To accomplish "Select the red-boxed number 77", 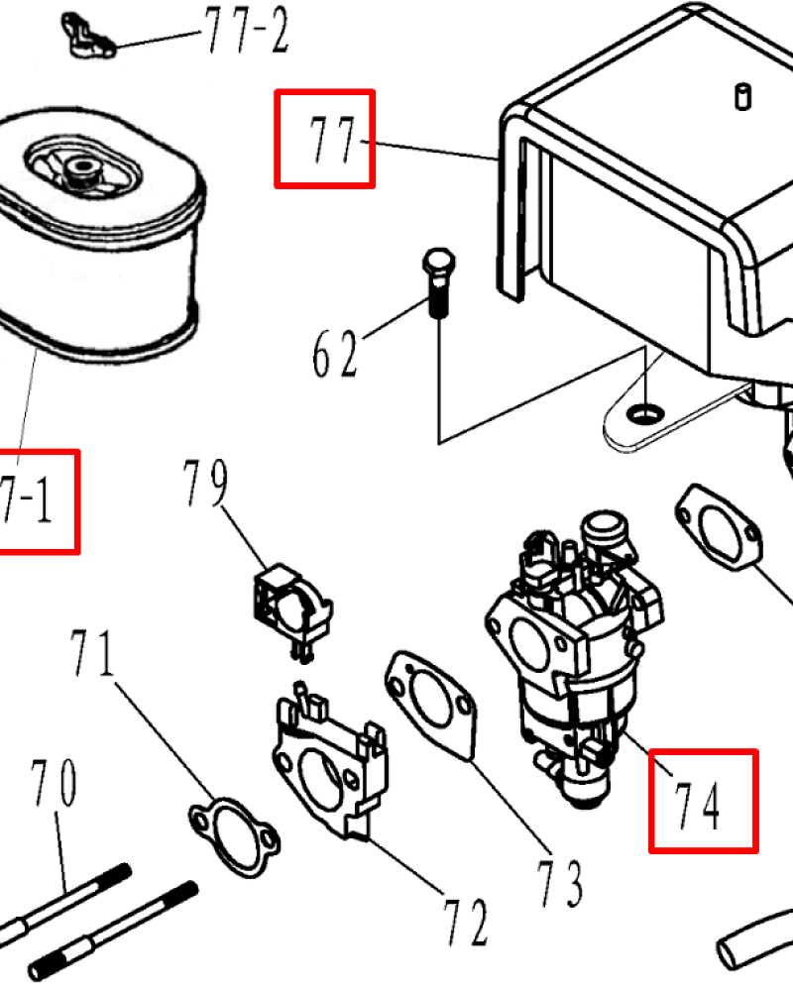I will pos(325,139).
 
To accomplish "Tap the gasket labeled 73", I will pos(430,699).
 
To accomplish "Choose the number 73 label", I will pos(559,882).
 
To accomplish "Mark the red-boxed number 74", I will pos(703,801).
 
